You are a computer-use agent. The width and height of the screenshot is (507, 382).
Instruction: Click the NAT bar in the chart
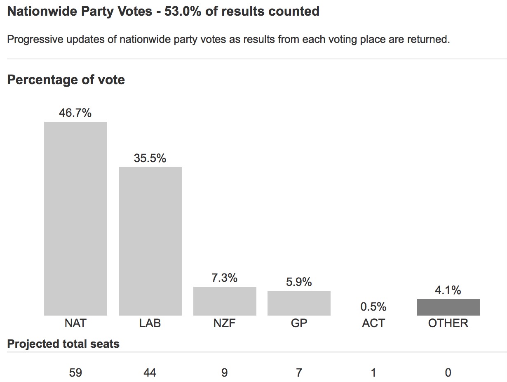75,219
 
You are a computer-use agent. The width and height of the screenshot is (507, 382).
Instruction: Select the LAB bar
150,241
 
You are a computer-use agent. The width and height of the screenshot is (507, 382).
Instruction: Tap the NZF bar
225,301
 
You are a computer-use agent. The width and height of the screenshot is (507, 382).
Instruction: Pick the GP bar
299,303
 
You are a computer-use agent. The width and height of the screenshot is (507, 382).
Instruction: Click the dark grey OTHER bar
448,307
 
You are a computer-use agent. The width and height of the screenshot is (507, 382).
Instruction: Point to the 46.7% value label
75,113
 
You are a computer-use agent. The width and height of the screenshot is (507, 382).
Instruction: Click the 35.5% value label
150,158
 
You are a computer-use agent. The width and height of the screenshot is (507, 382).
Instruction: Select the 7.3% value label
225,278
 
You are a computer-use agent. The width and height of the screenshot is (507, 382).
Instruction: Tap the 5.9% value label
299,282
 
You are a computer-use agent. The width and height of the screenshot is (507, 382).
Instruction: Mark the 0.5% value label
373,307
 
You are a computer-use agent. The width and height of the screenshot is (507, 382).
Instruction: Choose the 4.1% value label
448,290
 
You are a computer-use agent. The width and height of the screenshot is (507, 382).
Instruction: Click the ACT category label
373,323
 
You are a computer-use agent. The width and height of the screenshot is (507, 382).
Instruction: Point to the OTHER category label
448,323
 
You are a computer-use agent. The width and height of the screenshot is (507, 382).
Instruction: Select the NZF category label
225,323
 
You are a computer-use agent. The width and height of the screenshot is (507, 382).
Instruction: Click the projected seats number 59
75,373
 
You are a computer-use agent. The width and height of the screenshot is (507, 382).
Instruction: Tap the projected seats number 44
150,373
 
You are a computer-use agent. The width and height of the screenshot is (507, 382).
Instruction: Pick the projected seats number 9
225,373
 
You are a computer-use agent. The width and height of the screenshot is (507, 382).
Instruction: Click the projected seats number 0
448,373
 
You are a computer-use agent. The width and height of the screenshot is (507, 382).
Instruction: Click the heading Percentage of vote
66,80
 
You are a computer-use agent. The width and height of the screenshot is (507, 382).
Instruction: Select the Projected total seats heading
63,344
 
